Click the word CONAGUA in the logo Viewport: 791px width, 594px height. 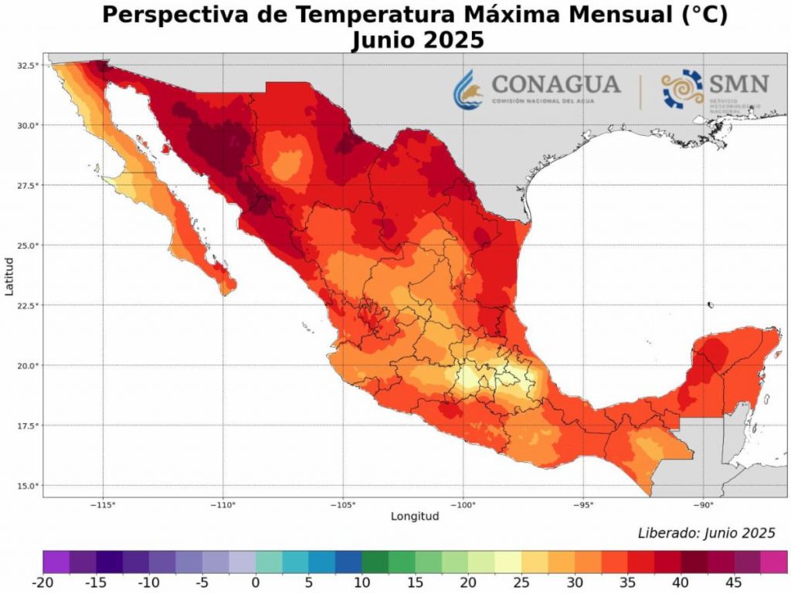click(x=555, y=83)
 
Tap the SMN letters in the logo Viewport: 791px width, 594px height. click(x=739, y=83)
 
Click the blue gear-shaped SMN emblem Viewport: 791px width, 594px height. click(x=682, y=88)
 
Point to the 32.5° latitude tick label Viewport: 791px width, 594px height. click(x=27, y=66)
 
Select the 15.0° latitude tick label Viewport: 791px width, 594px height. click(x=27, y=485)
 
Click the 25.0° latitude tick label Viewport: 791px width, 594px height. click(x=27, y=246)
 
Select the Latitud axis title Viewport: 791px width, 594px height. click(x=9, y=275)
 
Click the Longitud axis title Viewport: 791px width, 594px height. click(x=415, y=516)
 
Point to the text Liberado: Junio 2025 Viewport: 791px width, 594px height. click(x=706, y=533)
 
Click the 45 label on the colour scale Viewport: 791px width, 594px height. click(x=733, y=580)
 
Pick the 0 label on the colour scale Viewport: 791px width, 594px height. click(x=255, y=580)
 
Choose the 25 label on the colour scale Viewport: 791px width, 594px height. click(x=521, y=580)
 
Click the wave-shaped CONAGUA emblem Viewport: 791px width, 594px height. click(x=469, y=88)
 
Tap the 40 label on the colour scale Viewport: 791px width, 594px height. click(x=680, y=580)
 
